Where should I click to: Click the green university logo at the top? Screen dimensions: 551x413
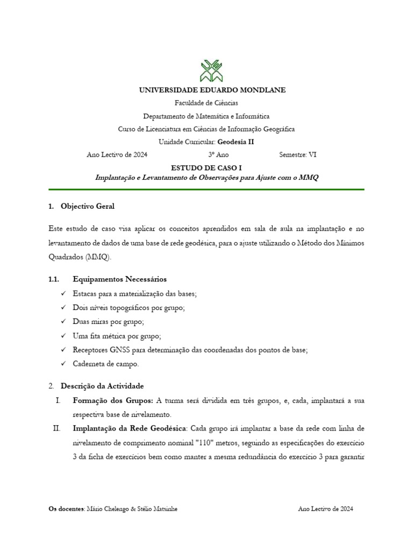tap(206, 67)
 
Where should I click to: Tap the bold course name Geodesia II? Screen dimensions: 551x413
tap(236, 142)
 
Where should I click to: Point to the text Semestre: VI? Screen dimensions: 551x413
tap(298, 154)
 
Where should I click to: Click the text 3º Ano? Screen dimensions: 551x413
tap(218, 154)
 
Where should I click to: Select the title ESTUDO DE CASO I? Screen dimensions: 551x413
tap(206, 168)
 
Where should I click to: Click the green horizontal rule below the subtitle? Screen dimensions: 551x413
tap(206, 189)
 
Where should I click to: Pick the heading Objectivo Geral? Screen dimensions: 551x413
tap(87, 206)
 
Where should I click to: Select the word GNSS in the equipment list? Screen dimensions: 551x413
tap(117, 350)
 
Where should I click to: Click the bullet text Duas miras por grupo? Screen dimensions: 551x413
tap(108, 322)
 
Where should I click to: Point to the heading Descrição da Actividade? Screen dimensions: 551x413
tap(102, 386)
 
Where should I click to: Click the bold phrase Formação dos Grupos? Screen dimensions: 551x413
tap(112, 401)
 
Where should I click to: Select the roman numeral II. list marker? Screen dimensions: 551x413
tap(56, 429)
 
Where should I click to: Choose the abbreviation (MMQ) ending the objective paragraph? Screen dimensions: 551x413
tap(98, 257)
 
